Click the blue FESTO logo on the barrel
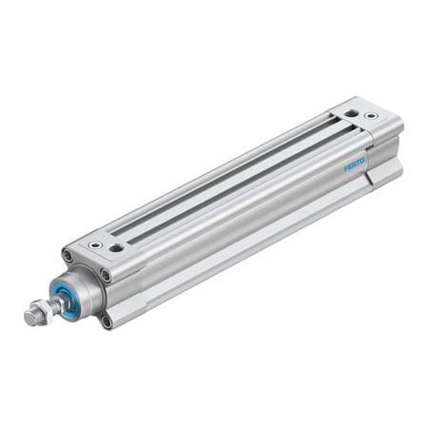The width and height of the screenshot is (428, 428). coord(355,165)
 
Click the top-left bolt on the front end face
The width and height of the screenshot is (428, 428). coord(68,255)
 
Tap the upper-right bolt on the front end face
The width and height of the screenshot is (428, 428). coord(105,276)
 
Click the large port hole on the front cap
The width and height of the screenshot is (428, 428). coord(116,248)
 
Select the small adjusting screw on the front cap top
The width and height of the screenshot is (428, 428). coord(95,244)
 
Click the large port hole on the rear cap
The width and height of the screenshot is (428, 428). coord(352,113)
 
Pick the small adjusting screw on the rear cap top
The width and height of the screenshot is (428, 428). coord(371,116)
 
